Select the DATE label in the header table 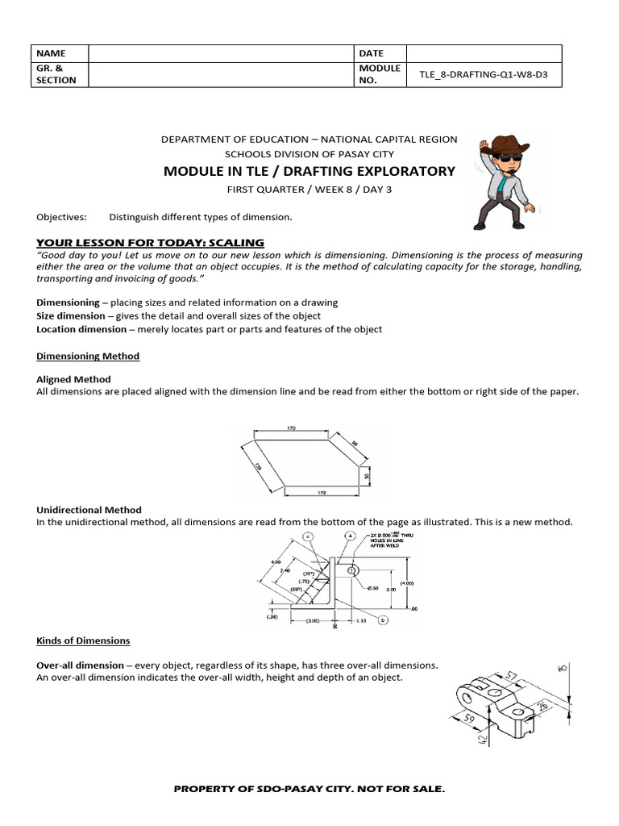coord(372,53)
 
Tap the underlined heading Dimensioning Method coord(88,356)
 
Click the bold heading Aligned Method coord(74,379)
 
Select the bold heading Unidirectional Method coord(89,510)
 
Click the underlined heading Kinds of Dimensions coord(83,640)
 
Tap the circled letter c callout coord(307,536)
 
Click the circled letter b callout coord(384,619)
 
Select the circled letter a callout coord(350,535)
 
